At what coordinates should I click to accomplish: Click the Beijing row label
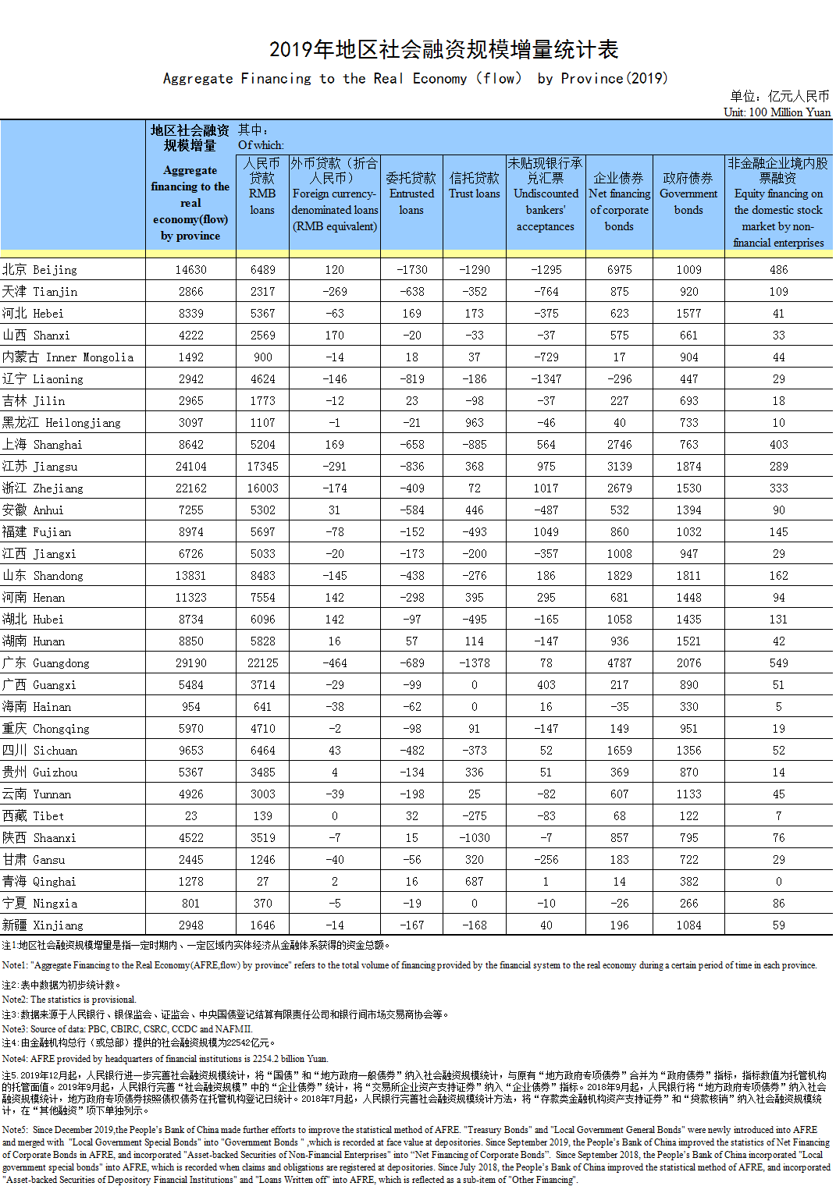40,270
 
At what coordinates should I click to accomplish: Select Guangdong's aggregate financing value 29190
191,663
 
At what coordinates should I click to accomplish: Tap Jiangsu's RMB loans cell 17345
262,467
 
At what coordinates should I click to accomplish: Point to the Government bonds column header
688,194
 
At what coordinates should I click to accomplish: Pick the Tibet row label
34,816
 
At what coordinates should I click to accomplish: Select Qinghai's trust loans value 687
475,882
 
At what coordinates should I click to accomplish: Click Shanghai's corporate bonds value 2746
619,445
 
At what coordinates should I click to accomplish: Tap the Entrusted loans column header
411,194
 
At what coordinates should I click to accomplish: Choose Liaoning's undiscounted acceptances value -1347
546,379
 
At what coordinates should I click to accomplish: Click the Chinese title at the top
443,50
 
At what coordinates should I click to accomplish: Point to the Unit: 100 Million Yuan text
777,112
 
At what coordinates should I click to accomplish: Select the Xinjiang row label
43,925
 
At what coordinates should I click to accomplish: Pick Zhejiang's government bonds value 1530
688,488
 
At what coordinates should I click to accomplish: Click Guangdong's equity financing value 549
778,663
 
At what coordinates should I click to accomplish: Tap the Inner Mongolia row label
68,357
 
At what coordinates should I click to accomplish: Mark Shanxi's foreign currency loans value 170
334,336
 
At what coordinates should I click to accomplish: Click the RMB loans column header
262,186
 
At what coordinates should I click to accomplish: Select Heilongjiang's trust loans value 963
475,423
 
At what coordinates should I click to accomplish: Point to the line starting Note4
165,1059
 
